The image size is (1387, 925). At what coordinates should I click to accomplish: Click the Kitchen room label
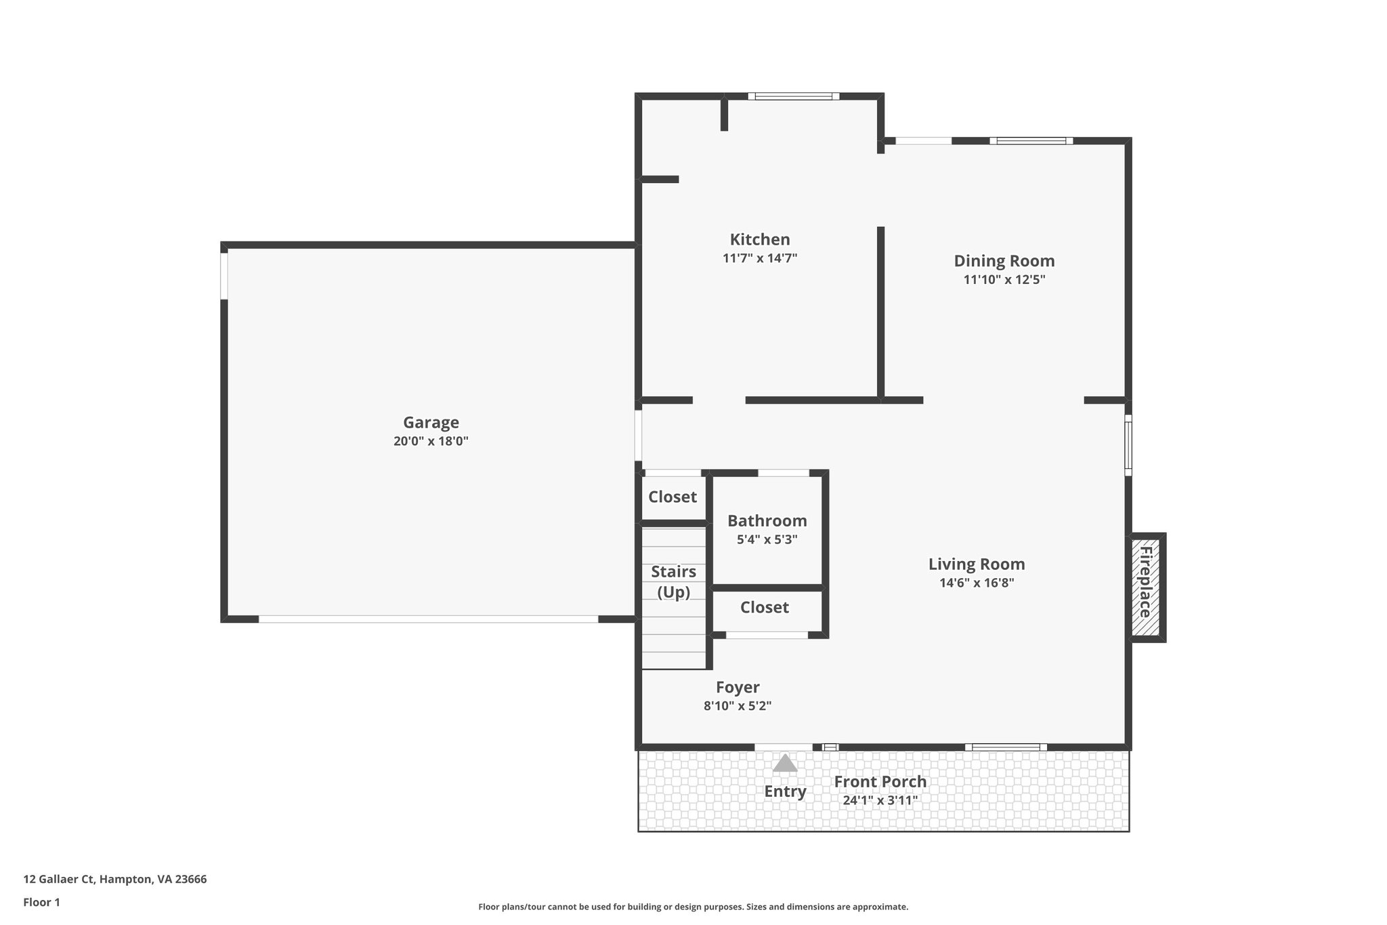(759, 239)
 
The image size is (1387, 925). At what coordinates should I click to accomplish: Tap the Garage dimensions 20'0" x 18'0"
(431, 441)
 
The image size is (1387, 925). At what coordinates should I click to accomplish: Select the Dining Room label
(1004, 261)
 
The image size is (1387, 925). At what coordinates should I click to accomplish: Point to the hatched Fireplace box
(1146, 587)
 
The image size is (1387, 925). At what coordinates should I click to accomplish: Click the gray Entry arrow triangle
(785, 764)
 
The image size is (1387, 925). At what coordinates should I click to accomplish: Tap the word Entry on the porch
(785, 792)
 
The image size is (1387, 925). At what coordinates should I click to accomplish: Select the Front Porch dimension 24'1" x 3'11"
(880, 800)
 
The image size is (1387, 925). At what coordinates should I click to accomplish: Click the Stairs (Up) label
(673, 581)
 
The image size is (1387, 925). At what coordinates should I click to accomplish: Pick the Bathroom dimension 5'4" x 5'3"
(767, 540)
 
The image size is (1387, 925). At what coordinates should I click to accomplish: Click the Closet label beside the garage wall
(672, 497)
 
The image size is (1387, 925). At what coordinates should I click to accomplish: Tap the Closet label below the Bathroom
(764, 607)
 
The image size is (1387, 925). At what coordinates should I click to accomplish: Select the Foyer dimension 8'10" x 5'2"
(738, 706)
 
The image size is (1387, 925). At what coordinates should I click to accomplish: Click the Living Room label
(976, 564)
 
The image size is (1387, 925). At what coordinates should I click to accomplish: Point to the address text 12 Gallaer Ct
(114, 880)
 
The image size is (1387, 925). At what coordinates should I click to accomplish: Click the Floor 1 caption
(41, 903)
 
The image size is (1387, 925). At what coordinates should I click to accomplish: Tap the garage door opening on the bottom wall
(428, 619)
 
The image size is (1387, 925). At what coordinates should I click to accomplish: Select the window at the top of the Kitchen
(794, 96)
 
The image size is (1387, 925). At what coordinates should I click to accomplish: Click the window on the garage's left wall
(224, 276)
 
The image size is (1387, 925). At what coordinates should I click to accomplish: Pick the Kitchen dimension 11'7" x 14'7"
(759, 258)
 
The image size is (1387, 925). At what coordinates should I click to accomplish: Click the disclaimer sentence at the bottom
(693, 907)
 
